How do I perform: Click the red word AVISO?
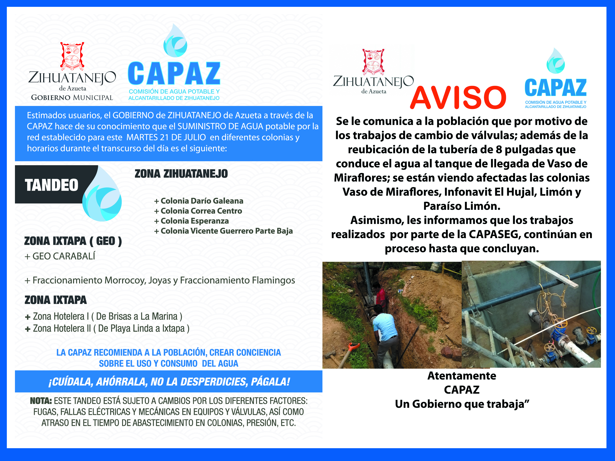(x=458, y=98)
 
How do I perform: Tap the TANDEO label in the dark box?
(x=52, y=185)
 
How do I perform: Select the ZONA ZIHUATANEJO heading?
(x=181, y=174)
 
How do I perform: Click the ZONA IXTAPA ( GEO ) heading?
(x=73, y=241)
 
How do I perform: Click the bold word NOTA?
(x=41, y=401)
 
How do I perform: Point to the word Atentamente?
(x=461, y=376)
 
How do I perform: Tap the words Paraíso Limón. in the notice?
(x=461, y=206)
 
